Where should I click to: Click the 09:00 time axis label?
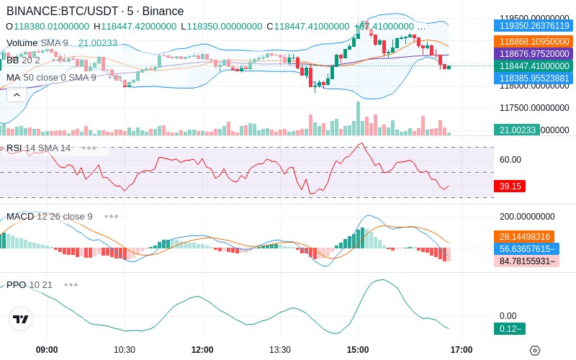pos(47,350)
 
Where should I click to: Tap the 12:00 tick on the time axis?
pos(202,350)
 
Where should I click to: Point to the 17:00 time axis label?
pos(462,350)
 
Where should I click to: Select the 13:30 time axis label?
pos(280,350)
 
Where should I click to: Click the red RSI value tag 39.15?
pos(510,186)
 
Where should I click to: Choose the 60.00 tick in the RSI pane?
pos(510,160)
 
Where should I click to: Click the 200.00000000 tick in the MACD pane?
pos(527,217)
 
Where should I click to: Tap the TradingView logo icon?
pos(21,319)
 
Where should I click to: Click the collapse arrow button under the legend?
pos(17,94)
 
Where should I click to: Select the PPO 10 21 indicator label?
pos(30,284)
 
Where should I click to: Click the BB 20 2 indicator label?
pos(23,60)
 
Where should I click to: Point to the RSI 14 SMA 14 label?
pos(39,148)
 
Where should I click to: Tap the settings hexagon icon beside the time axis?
pos(534,351)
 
